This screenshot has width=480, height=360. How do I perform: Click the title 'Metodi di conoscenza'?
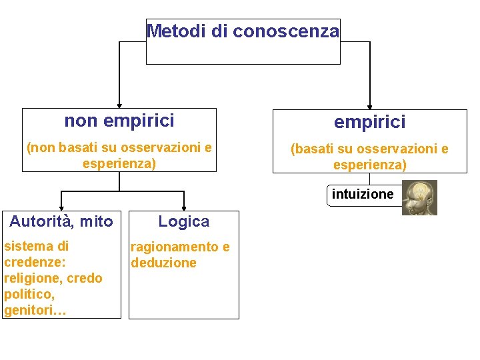tap(243, 31)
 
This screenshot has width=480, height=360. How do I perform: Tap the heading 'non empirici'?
tap(119, 121)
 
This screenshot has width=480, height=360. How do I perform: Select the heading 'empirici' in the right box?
tap(369, 122)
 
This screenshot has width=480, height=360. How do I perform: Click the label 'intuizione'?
tap(363, 195)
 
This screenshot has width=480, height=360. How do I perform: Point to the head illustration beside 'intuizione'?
tap(420, 197)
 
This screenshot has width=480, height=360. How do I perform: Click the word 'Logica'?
tap(183, 221)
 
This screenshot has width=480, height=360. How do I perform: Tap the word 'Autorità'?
tap(39, 221)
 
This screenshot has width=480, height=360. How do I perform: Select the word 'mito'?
tap(96, 221)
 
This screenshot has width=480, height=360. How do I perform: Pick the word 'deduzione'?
tap(164, 263)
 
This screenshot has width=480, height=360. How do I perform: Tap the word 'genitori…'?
tap(35, 310)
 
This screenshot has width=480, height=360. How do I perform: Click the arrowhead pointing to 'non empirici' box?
tap(119, 104)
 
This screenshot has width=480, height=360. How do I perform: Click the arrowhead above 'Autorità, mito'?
tap(62, 207)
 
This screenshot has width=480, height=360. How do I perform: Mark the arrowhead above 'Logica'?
tap(184, 207)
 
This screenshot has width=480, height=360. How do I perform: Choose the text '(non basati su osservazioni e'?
tap(119, 147)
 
